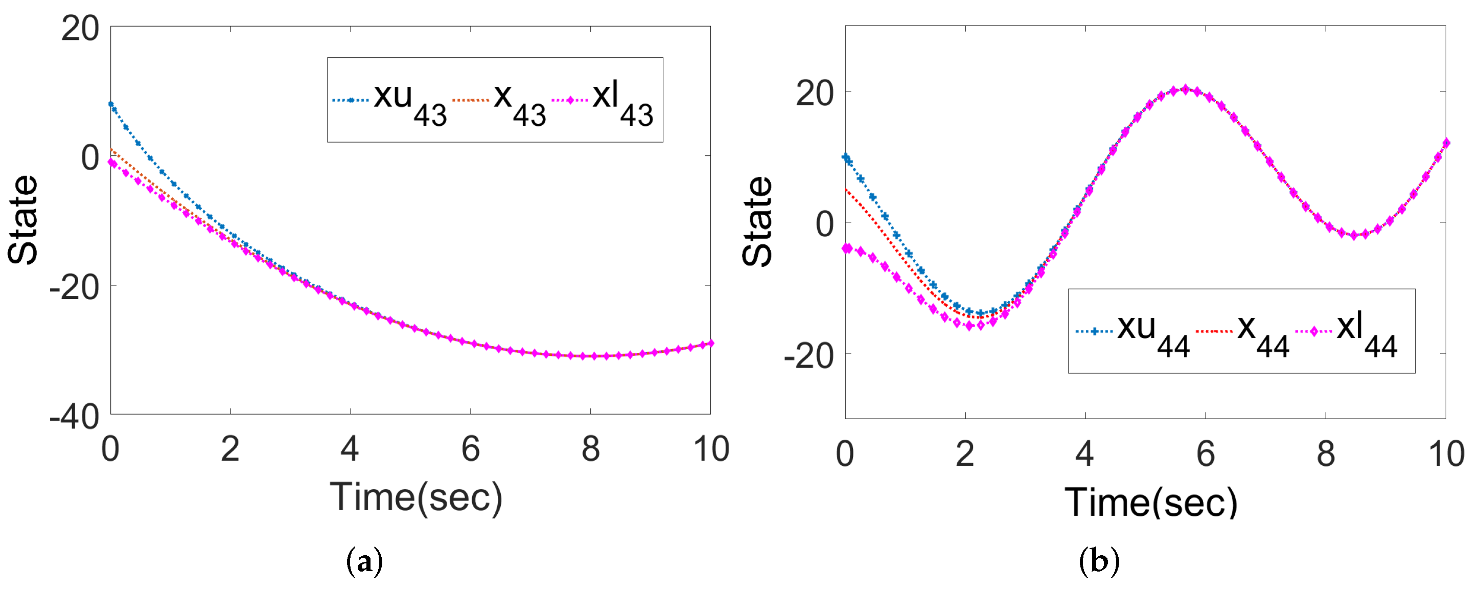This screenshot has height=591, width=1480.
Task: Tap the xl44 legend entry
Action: [x=1347, y=332]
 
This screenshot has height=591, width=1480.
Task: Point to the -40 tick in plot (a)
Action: [x=75, y=416]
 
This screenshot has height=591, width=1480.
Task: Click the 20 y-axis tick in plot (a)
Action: [x=80, y=28]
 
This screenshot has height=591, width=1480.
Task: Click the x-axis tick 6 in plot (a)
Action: [x=471, y=449]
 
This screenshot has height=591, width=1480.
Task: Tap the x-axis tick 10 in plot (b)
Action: [x=1446, y=454]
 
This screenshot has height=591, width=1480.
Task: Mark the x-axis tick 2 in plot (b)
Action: [x=965, y=454]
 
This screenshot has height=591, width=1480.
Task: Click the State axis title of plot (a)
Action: [x=23, y=220]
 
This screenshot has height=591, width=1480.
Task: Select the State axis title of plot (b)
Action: [x=757, y=221]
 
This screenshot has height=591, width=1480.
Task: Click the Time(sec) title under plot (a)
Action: [x=416, y=497]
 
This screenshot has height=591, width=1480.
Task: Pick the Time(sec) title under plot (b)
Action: [x=1151, y=503]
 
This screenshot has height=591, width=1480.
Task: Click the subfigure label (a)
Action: [x=364, y=562]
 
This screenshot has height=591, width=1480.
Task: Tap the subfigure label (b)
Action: [x=1099, y=562]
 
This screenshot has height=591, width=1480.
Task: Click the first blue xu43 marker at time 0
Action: [x=111, y=104]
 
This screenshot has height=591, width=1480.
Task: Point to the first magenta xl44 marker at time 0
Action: [x=847, y=248]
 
